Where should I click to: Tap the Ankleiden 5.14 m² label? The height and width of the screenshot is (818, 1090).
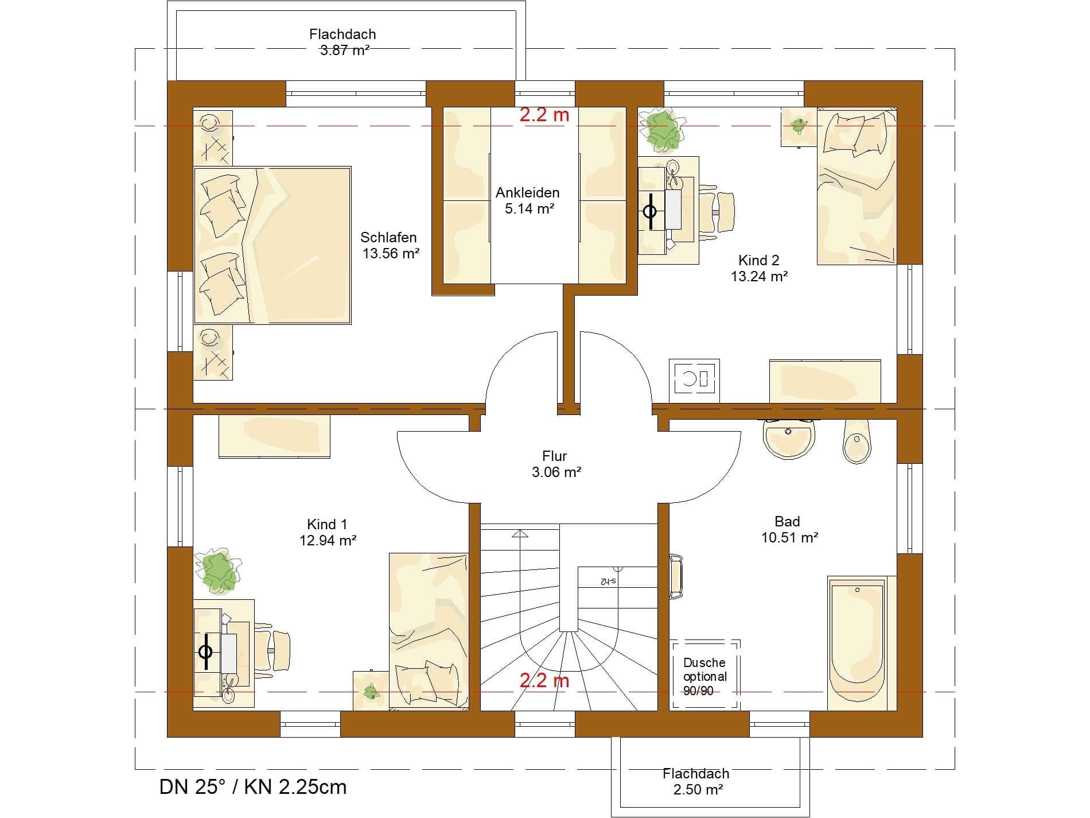point(528,200)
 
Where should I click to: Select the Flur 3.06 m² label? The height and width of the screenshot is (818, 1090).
point(555,464)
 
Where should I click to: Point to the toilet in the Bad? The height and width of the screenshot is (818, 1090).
point(857,441)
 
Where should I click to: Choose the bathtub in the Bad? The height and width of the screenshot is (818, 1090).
point(857,643)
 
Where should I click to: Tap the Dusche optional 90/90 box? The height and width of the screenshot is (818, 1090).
point(706,674)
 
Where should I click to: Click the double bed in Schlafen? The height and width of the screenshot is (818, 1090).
point(272,245)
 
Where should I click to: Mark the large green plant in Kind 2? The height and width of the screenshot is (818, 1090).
point(665,128)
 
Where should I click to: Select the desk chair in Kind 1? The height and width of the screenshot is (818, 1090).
point(272,650)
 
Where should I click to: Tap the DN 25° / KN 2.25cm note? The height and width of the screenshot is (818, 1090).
point(253,786)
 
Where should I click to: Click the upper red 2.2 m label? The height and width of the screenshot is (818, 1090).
point(544,115)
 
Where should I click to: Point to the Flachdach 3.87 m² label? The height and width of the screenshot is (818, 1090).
point(343,42)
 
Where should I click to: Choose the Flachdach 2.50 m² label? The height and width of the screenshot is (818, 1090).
point(696,781)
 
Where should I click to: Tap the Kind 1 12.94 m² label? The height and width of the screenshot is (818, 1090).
point(328,532)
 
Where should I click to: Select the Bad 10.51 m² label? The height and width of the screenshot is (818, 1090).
point(789,529)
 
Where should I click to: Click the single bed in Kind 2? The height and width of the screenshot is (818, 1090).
point(856,187)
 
